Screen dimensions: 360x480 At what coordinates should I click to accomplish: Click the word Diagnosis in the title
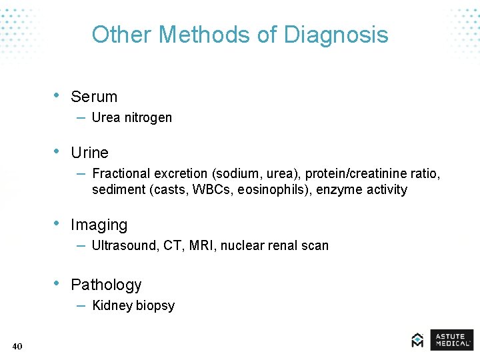tap(336, 35)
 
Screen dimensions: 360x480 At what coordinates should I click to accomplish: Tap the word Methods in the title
tap(200, 35)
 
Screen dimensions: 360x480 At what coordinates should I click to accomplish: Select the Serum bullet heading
tap(94, 97)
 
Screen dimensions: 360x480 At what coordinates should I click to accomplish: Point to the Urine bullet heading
tap(89, 153)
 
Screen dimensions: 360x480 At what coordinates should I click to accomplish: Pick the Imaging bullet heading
tap(99, 225)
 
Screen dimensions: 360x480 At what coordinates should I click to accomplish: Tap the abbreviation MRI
tap(201, 246)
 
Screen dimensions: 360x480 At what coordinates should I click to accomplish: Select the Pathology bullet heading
tap(106, 285)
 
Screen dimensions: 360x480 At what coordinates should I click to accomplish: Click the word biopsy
tap(155, 306)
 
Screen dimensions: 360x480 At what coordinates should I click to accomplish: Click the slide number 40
tap(17, 346)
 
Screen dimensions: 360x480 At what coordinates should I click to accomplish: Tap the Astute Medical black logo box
tap(451, 339)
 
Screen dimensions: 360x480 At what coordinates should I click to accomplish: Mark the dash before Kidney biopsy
tap(80, 305)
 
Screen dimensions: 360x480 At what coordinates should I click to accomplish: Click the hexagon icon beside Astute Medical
tap(417, 340)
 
